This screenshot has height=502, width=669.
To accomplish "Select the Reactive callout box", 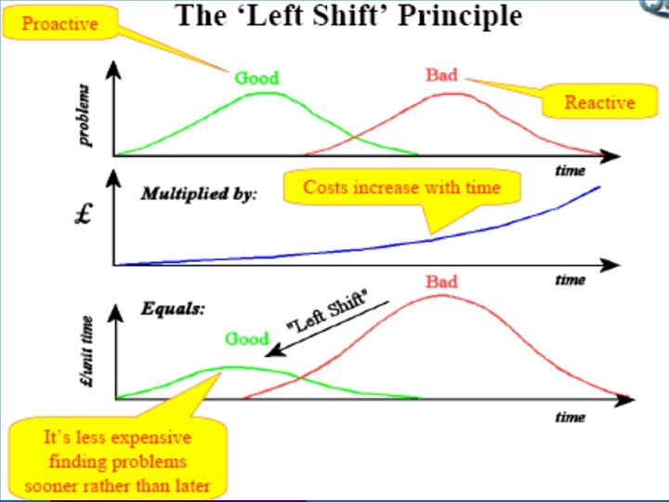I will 599,101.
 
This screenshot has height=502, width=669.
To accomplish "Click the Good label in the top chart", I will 256,78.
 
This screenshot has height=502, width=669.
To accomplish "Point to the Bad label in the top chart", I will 441,74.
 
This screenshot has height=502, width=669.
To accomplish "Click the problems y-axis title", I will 85,116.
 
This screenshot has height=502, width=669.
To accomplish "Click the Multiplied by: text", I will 199,194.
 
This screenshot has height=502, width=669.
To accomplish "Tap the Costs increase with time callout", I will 401,188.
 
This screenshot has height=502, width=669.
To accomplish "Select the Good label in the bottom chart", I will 246,338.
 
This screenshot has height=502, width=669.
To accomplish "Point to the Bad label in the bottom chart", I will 442,281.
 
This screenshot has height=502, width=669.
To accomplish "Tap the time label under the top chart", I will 570,170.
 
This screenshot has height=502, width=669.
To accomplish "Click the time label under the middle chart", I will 570,280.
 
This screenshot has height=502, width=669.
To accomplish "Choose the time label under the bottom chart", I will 570,416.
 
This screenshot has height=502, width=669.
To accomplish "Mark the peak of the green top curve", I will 266,92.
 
